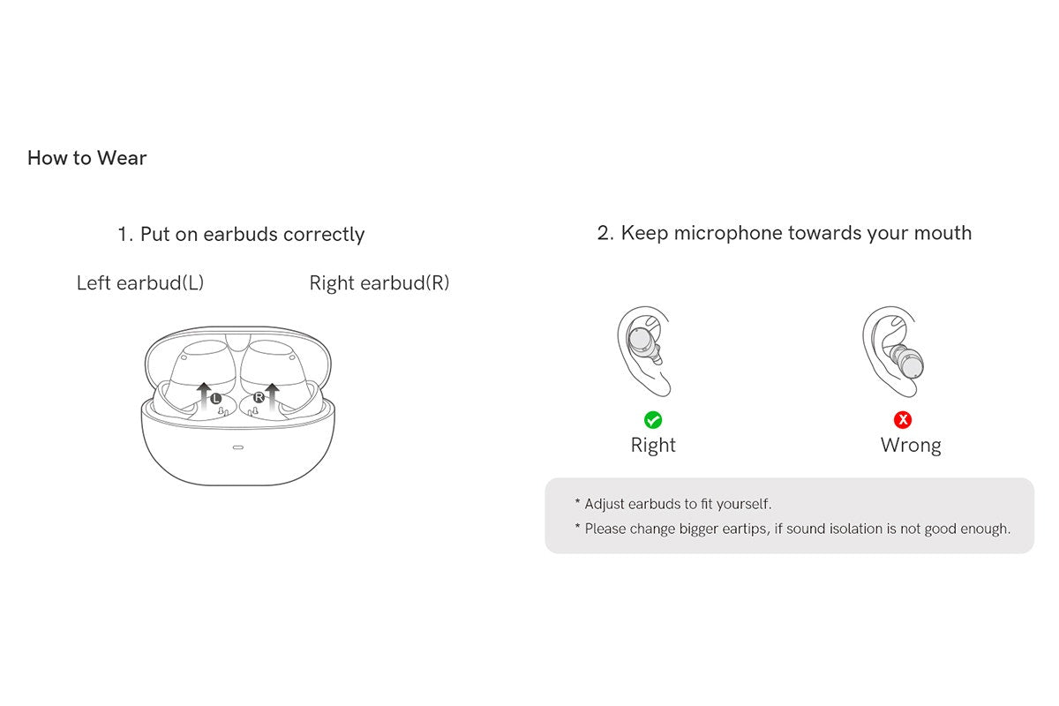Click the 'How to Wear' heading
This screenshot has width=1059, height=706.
point(86,158)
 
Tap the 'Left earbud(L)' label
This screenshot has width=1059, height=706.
point(140,283)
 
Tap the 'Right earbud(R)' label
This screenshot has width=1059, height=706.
point(379,283)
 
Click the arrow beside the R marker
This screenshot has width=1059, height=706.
point(273,394)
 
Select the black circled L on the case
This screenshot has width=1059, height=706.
point(216,399)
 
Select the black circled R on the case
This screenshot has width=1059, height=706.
point(259,399)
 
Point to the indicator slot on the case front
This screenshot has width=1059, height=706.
point(238,447)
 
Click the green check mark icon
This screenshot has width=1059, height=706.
point(653,420)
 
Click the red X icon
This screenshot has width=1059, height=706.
point(903,420)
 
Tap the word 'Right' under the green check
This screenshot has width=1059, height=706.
point(653,446)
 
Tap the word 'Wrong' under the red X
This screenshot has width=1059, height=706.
point(911,446)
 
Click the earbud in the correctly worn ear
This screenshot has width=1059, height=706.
point(641,342)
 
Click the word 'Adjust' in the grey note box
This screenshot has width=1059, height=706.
point(604,504)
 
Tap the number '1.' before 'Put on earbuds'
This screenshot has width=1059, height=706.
point(125,235)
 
